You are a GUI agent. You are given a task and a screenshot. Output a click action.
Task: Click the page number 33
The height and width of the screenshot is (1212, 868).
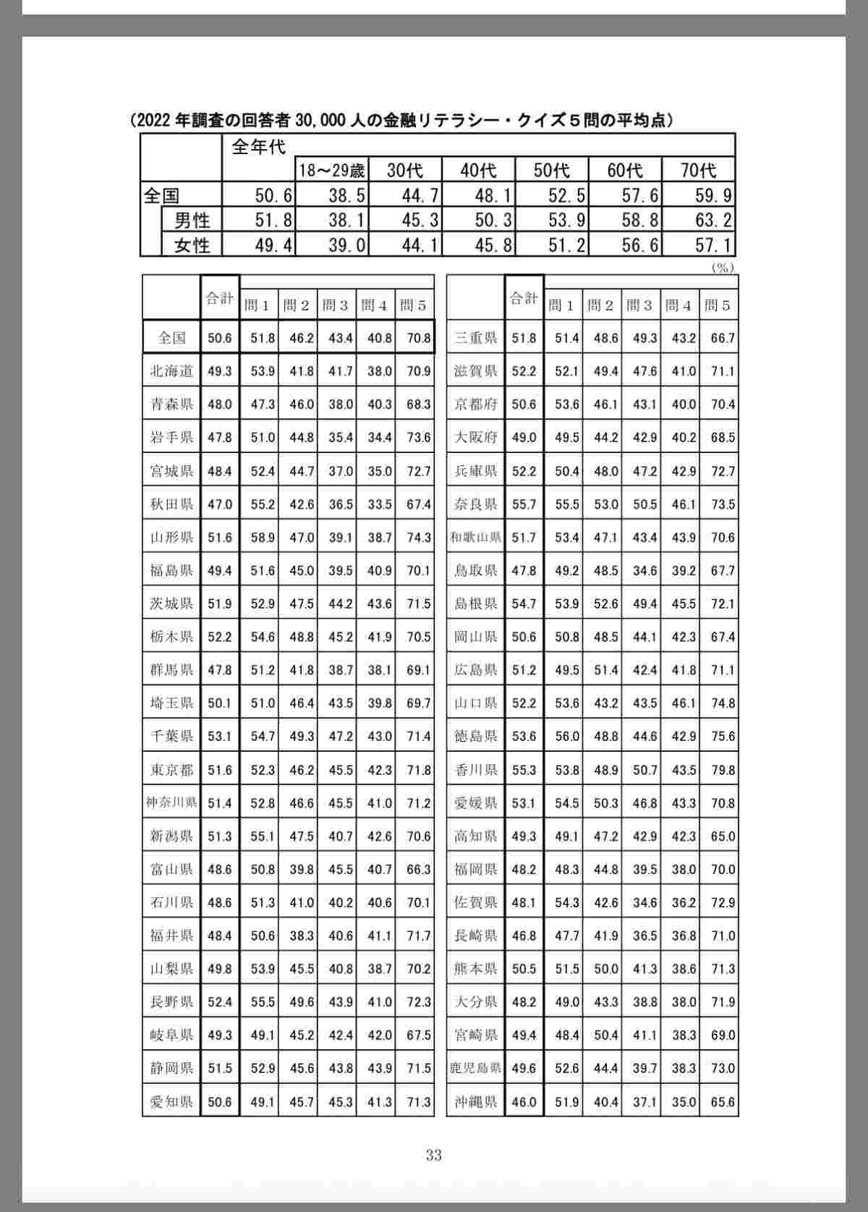pyautogui.click(x=434, y=1155)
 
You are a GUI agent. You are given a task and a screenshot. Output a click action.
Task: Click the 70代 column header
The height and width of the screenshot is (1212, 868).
pyautogui.click(x=698, y=170)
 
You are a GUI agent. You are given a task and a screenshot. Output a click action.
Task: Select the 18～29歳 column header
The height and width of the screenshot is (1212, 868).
pyautogui.click(x=332, y=170)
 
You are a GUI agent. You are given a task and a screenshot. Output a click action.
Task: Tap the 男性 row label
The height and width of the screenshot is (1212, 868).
pyautogui.click(x=192, y=219)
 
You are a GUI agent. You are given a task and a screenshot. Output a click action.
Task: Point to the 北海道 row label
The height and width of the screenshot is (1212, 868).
pyautogui.click(x=171, y=371)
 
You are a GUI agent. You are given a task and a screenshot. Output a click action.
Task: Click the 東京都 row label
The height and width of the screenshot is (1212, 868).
pyautogui.click(x=171, y=770)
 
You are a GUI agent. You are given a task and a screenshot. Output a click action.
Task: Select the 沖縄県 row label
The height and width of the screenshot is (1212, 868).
pyautogui.click(x=476, y=1102)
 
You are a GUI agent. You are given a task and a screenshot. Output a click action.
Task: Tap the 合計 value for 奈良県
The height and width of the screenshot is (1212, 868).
pyautogui.click(x=524, y=504)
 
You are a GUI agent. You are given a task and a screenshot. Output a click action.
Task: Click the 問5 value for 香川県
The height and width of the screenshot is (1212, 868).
pyautogui.click(x=722, y=770)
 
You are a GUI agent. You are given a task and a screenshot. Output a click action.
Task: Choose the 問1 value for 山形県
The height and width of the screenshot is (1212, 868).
pyautogui.click(x=263, y=538)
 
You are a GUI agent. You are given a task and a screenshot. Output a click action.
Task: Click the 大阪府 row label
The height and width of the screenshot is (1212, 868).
pyautogui.click(x=476, y=438)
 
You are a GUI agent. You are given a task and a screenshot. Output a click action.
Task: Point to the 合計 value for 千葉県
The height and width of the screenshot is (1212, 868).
pyautogui.click(x=220, y=737)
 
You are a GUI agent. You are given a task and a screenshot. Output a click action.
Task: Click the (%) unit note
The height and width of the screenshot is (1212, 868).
pyautogui.click(x=723, y=267)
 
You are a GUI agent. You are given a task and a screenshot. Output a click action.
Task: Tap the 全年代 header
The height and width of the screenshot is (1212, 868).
pyautogui.click(x=258, y=147)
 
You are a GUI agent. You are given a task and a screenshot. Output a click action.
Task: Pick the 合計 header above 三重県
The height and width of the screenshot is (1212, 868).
pyautogui.click(x=524, y=298)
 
